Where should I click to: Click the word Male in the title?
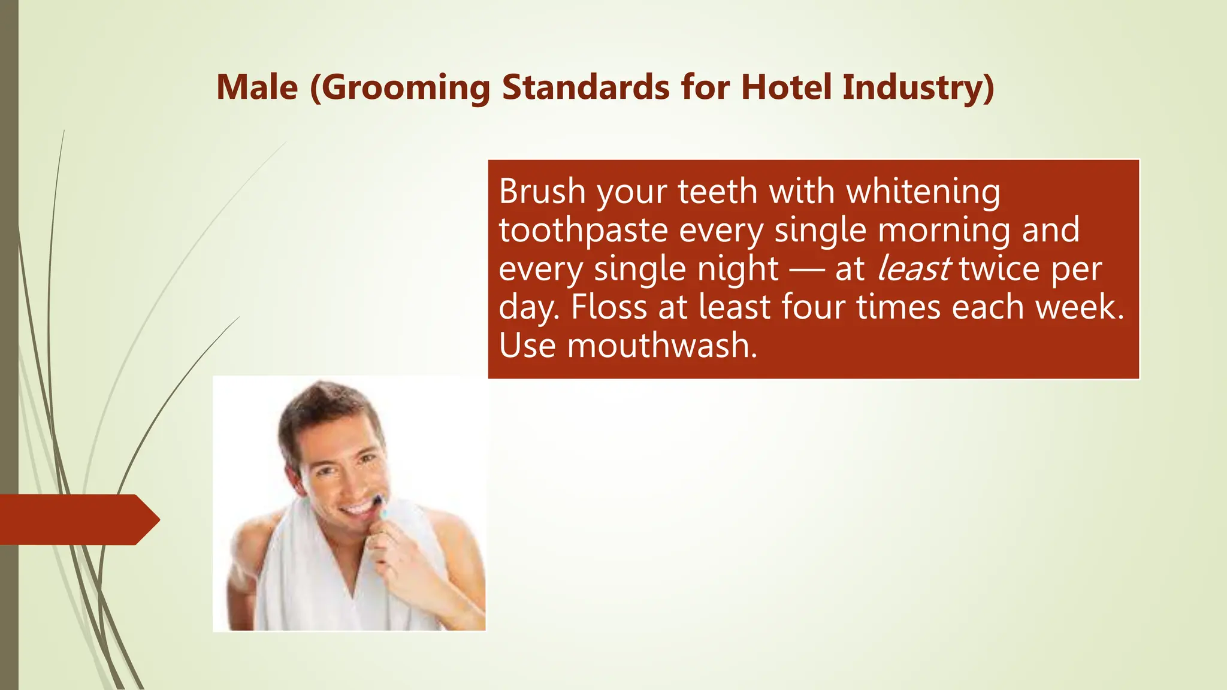click(257, 87)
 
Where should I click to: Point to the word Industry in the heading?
click(918, 87)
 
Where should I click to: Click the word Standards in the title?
click(585, 87)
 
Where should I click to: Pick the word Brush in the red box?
click(542, 192)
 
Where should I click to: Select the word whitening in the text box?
click(923, 192)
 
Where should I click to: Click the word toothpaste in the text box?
click(583, 231)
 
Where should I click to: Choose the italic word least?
click(913, 269)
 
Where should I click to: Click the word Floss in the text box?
click(609, 307)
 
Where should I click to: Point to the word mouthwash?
click(661, 346)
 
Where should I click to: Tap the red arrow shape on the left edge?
click(78, 519)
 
